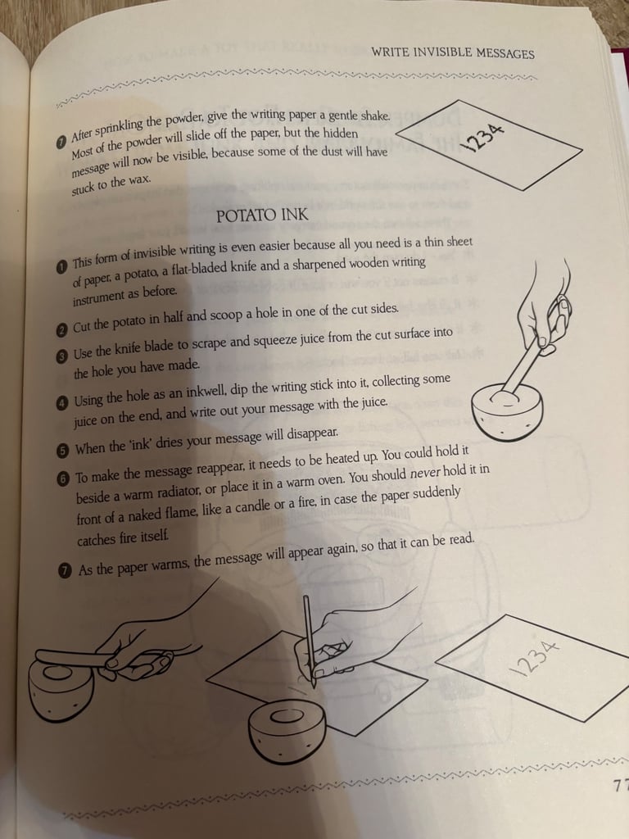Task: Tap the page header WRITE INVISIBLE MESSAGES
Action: coord(452,53)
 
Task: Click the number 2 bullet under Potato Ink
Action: coord(62,330)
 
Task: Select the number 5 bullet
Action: coord(63,450)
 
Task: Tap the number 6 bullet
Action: coord(63,478)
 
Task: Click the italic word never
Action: coord(427,470)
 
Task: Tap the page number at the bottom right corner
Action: coord(619,787)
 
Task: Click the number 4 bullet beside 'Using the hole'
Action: coord(62,402)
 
